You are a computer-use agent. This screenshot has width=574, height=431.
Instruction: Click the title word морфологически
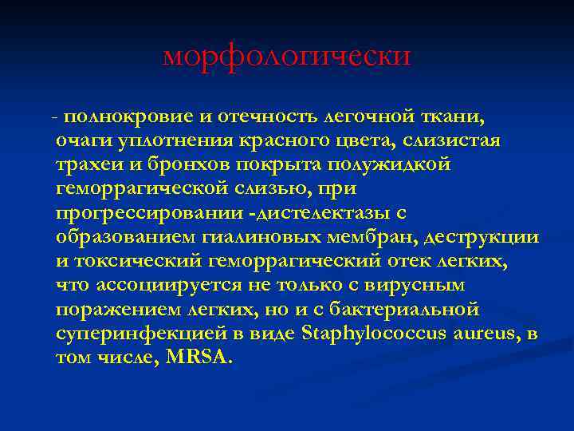[x=287, y=56]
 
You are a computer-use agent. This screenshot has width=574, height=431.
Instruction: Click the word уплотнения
[x=177, y=141]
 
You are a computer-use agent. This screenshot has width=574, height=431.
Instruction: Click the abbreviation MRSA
[x=196, y=358]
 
